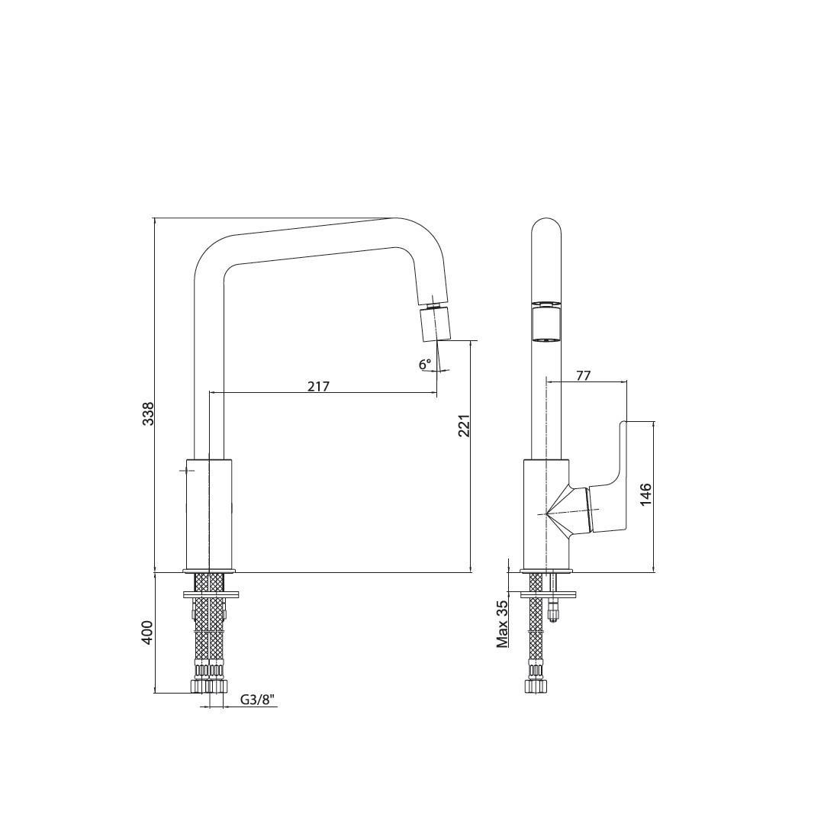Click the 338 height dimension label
tap(149, 413)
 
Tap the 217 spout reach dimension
tap(318, 386)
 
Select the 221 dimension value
tap(464, 426)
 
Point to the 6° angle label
tap(425, 364)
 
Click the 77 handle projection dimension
tap(584, 375)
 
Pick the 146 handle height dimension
tap(646, 494)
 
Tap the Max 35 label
tap(503, 624)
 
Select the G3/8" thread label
tap(258, 700)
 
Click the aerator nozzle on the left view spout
tap(436, 323)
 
